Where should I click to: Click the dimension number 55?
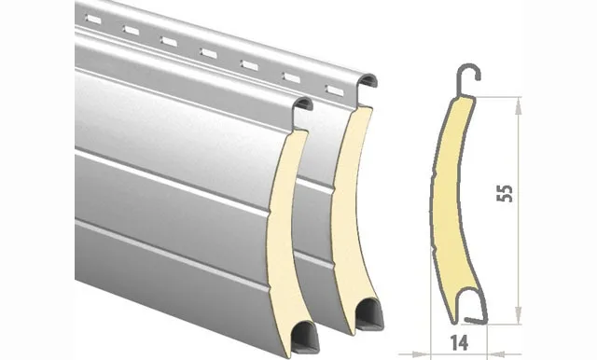505,193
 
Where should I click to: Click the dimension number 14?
460,343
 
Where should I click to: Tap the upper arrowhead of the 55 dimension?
519,105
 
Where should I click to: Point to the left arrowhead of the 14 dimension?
421,354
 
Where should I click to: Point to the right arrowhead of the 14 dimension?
497,354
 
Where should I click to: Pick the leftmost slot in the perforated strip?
93,19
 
